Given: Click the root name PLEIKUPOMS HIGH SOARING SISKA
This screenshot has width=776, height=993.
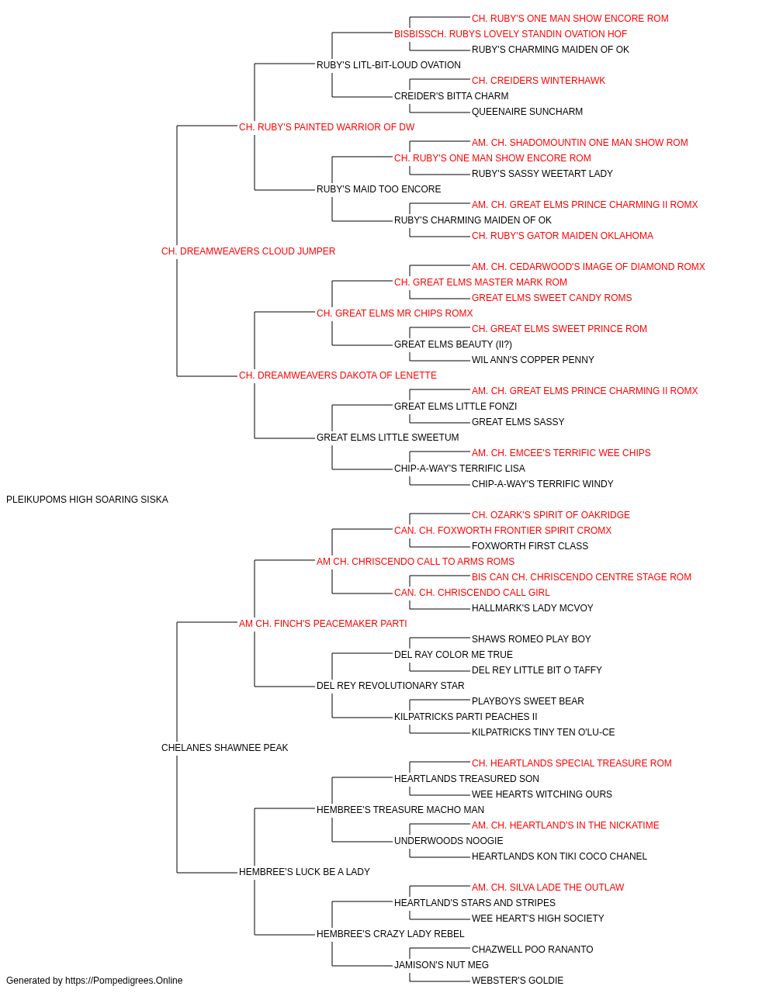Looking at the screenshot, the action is pos(87,500).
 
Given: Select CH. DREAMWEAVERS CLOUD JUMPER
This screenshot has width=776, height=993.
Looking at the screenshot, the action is pos(248,251).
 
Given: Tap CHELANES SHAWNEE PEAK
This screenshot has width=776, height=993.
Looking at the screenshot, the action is pos(224,748).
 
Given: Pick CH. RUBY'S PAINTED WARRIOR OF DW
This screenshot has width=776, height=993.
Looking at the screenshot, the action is pos(326,127).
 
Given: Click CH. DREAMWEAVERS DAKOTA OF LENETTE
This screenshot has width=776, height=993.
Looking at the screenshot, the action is pos(338,375).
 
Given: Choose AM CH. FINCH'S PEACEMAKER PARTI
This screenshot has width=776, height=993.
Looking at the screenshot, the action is pos(323,624).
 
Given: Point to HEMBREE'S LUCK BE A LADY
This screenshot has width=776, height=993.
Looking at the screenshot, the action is pos(304,872).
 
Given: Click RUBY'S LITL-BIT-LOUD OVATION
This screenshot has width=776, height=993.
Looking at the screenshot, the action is pos(389,65).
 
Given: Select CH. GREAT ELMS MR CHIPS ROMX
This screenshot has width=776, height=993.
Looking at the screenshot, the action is pos(394,313).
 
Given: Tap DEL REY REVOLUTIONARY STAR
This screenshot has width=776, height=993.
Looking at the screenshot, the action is pos(390,686).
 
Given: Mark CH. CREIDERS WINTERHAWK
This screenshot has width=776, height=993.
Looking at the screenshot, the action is pos(539,81).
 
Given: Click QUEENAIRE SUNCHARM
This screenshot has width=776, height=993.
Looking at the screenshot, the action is pos(527,112).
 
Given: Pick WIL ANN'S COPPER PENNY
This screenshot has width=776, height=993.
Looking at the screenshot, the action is pos(533,360).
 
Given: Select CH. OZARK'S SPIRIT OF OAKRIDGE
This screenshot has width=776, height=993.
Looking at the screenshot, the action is pos(551,515).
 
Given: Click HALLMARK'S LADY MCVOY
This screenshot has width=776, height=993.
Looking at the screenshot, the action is pos(532,608).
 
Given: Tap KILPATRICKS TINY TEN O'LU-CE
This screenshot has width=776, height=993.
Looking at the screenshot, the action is pos(543,732).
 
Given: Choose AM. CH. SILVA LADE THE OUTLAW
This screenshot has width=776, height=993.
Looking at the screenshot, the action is pos(548,887).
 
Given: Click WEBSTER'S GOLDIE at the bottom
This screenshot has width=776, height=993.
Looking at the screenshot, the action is pos(518,981).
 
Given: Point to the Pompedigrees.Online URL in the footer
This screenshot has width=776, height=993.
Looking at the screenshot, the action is pos(124,981).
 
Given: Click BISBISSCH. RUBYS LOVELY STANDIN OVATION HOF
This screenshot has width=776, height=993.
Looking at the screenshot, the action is pos(511,34).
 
